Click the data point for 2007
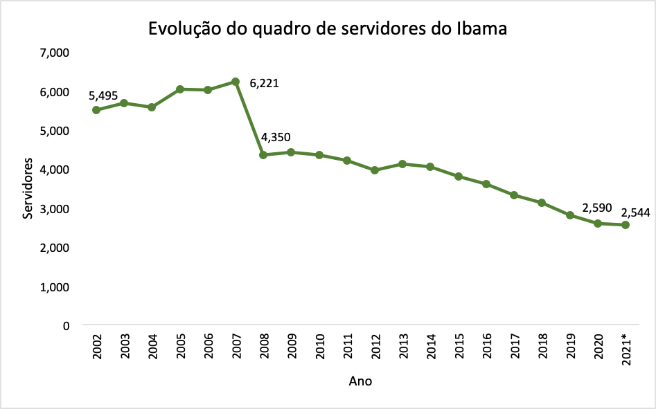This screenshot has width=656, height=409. pos(236,82)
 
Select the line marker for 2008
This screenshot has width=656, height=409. pos(263,155)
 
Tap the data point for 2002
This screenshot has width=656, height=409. pos(96,110)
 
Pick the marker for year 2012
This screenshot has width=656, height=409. pos(375,170)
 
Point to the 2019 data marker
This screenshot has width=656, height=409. pos(569,215)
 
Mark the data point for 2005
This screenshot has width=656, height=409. pos(180,89)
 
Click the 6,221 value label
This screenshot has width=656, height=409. pos(264,84)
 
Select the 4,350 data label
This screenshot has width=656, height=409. pos(276,137)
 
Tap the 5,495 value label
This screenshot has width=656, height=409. pos(103,95)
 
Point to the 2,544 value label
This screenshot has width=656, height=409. pos(636,213)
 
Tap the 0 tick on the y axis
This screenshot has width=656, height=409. pos(67,325)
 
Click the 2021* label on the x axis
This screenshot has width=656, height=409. pos(626,349)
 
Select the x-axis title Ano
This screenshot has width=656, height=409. pos(360,381)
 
